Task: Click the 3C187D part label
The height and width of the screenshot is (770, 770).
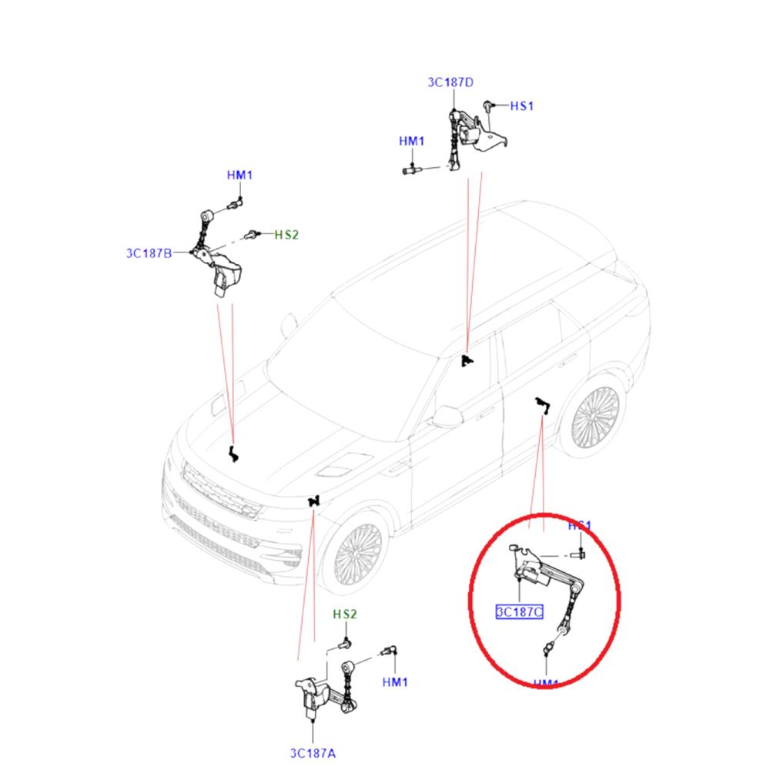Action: (x=451, y=82)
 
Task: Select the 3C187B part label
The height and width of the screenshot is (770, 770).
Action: (x=149, y=252)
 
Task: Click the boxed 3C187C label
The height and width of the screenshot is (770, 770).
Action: (x=519, y=612)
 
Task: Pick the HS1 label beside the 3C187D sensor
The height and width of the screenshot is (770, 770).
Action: (x=521, y=105)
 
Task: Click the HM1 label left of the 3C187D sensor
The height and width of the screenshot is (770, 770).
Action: (x=411, y=142)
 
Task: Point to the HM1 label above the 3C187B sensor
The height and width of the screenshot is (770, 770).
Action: (x=239, y=176)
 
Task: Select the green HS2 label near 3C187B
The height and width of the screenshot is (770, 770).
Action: (x=286, y=234)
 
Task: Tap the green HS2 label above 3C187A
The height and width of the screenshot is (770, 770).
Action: (x=345, y=614)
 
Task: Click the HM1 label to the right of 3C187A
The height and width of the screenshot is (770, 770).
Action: (x=395, y=681)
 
